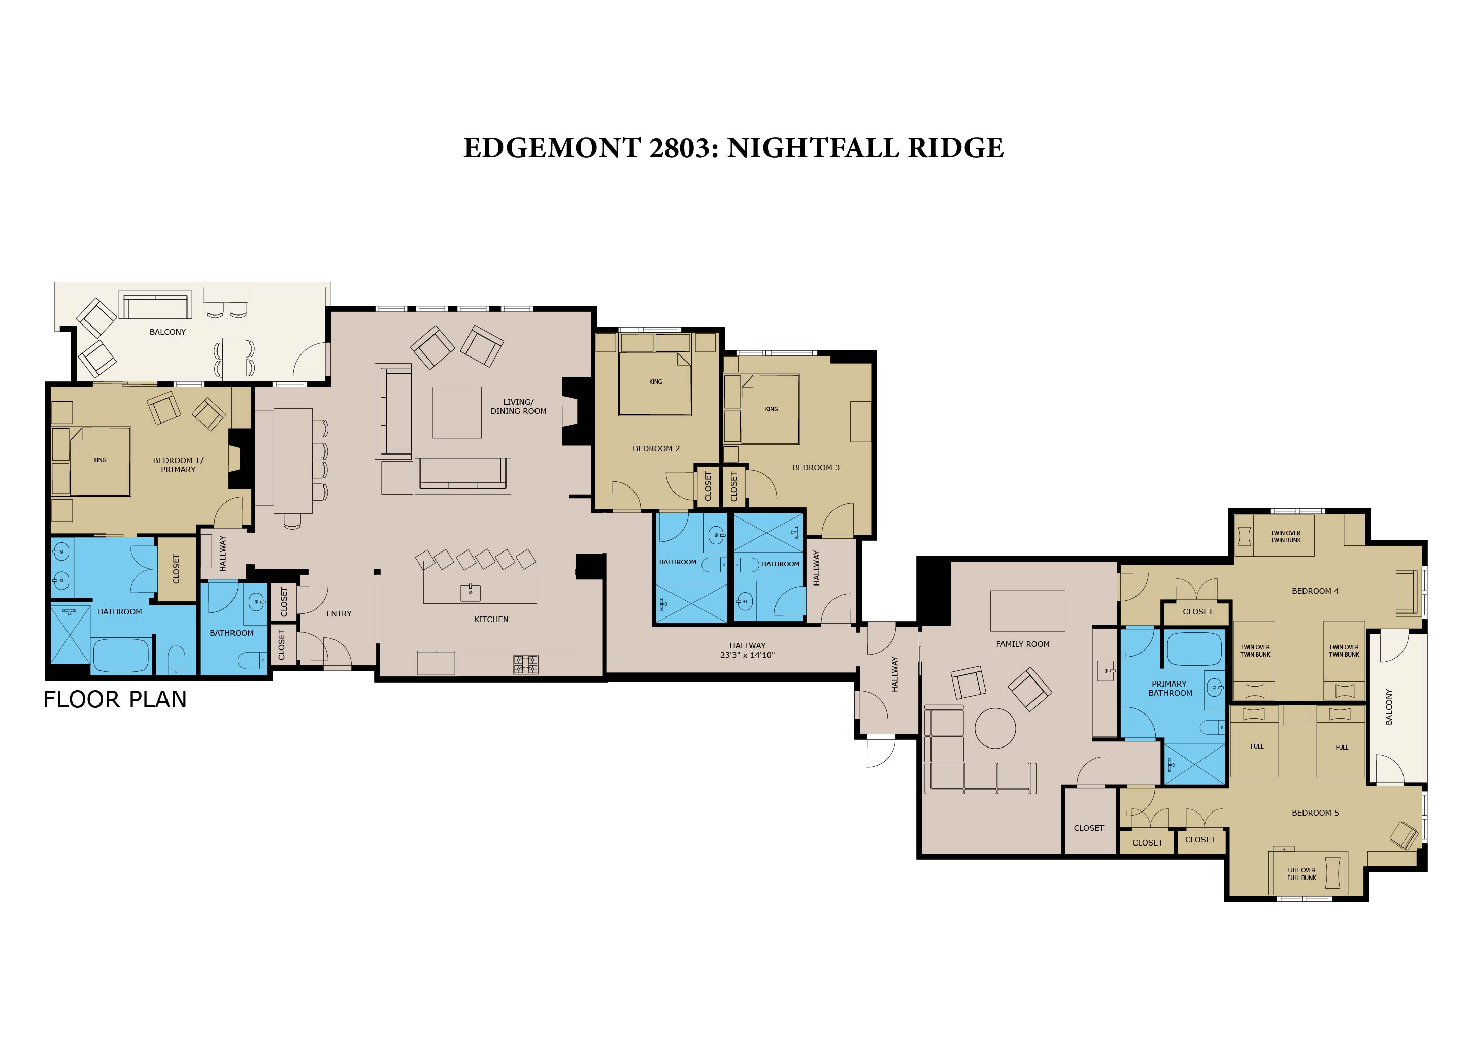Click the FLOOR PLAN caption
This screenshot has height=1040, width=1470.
[x=115, y=699]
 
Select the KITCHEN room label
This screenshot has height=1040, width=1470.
[x=491, y=619]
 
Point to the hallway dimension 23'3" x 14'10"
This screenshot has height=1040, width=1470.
[x=747, y=655]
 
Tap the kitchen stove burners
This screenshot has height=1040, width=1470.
[x=526, y=664]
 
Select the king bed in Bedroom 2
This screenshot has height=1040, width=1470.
[x=655, y=383]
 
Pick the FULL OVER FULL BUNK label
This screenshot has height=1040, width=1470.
[x=1301, y=874]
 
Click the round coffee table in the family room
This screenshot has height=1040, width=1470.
[x=995, y=728]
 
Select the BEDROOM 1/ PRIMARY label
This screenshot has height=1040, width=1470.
[x=178, y=465]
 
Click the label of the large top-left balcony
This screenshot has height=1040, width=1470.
[x=168, y=332]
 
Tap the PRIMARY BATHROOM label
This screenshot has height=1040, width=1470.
[x=1171, y=689]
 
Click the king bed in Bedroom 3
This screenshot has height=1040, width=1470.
[x=770, y=409]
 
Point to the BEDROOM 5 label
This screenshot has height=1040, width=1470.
[x=1315, y=812]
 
